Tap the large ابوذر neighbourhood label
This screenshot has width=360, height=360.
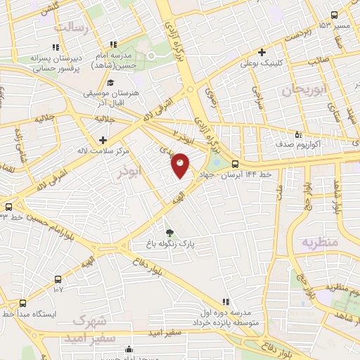(x=130, y=170)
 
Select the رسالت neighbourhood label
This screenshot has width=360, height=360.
(x=74, y=27)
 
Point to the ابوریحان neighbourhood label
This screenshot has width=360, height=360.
(x=302, y=90)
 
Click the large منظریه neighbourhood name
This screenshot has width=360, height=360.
(x=321, y=242)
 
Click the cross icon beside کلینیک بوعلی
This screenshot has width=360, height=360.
(x=262, y=52)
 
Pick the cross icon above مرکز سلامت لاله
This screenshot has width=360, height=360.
(x=103, y=140)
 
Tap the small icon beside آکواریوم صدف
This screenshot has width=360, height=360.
(x=298, y=134)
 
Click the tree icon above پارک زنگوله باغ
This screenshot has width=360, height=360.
(x=169, y=233)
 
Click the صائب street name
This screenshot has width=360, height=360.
(x=318, y=61)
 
